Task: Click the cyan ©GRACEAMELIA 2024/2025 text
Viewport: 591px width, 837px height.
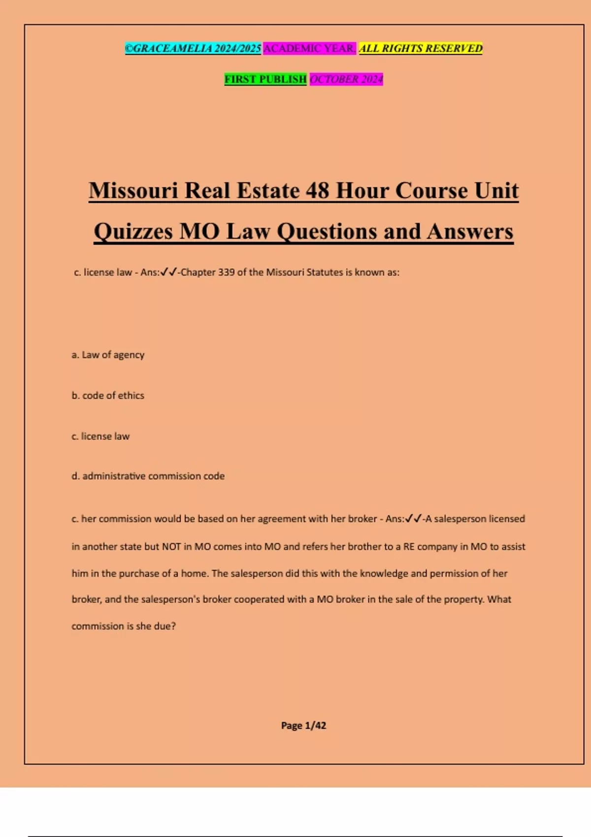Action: click(x=193, y=48)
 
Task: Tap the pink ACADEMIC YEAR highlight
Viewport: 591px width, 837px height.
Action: click(x=309, y=48)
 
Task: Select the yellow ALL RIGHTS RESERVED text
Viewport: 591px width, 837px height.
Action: click(x=421, y=48)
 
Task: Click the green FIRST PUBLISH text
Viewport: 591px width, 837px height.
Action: click(x=265, y=79)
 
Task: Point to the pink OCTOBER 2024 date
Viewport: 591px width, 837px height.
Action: click(x=346, y=79)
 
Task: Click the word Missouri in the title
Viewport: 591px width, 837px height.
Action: click(x=133, y=191)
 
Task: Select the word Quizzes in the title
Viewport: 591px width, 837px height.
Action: click(x=133, y=231)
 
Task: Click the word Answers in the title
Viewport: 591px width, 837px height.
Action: click(x=470, y=231)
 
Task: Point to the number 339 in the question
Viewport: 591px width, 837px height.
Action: click(x=226, y=272)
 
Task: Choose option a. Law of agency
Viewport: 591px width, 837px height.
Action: click(x=108, y=354)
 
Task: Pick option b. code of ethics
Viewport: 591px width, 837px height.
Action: click(x=108, y=395)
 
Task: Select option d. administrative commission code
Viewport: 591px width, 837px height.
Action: click(x=148, y=476)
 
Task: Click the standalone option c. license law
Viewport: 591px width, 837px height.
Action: click(x=100, y=436)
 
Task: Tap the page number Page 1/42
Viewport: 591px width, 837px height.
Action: click(x=303, y=725)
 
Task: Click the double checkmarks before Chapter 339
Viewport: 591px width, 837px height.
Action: click(x=168, y=272)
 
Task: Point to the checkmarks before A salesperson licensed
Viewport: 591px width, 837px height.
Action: click(x=413, y=518)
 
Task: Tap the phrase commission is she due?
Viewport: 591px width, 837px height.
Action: click(x=124, y=626)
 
